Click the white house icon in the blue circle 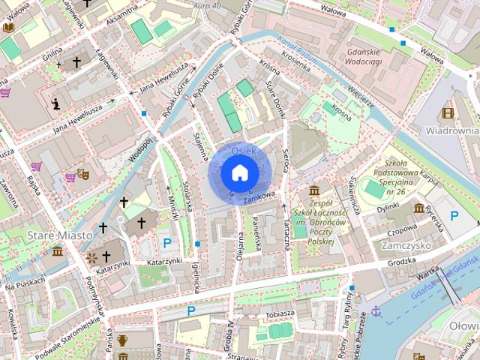238,173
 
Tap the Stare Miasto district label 59,235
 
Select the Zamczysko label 403,245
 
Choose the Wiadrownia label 452,130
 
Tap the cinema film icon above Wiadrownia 448,113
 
